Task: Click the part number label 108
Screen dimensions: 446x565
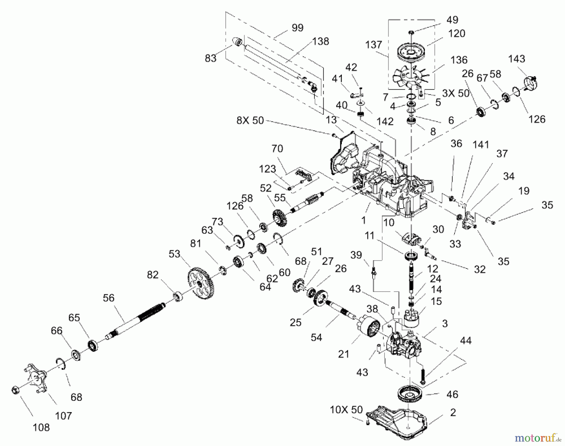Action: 41,427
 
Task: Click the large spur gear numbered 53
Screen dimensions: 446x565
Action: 201,283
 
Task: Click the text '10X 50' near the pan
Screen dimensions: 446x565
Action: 346,410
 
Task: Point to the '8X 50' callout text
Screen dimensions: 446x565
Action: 250,120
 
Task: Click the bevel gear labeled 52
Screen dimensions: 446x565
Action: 277,218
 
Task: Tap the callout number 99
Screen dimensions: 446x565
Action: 297,28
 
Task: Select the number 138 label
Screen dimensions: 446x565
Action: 320,41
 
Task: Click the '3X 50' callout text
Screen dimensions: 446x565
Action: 455,93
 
